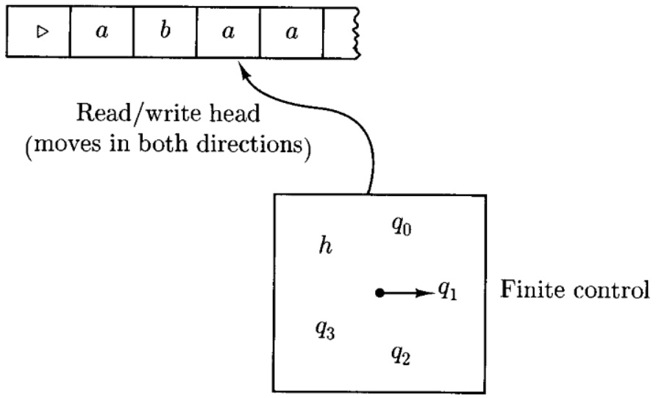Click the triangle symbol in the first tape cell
click(x=42, y=32)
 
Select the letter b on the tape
click(x=165, y=30)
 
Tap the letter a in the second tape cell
click(x=101, y=32)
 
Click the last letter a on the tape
click(x=292, y=32)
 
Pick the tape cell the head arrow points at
click(x=228, y=32)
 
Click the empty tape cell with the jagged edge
click(x=341, y=32)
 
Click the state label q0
click(x=402, y=226)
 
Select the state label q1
click(x=448, y=290)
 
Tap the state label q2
click(x=401, y=355)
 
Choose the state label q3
click(x=325, y=330)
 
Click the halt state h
click(x=326, y=245)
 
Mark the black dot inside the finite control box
click(x=379, y=293)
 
